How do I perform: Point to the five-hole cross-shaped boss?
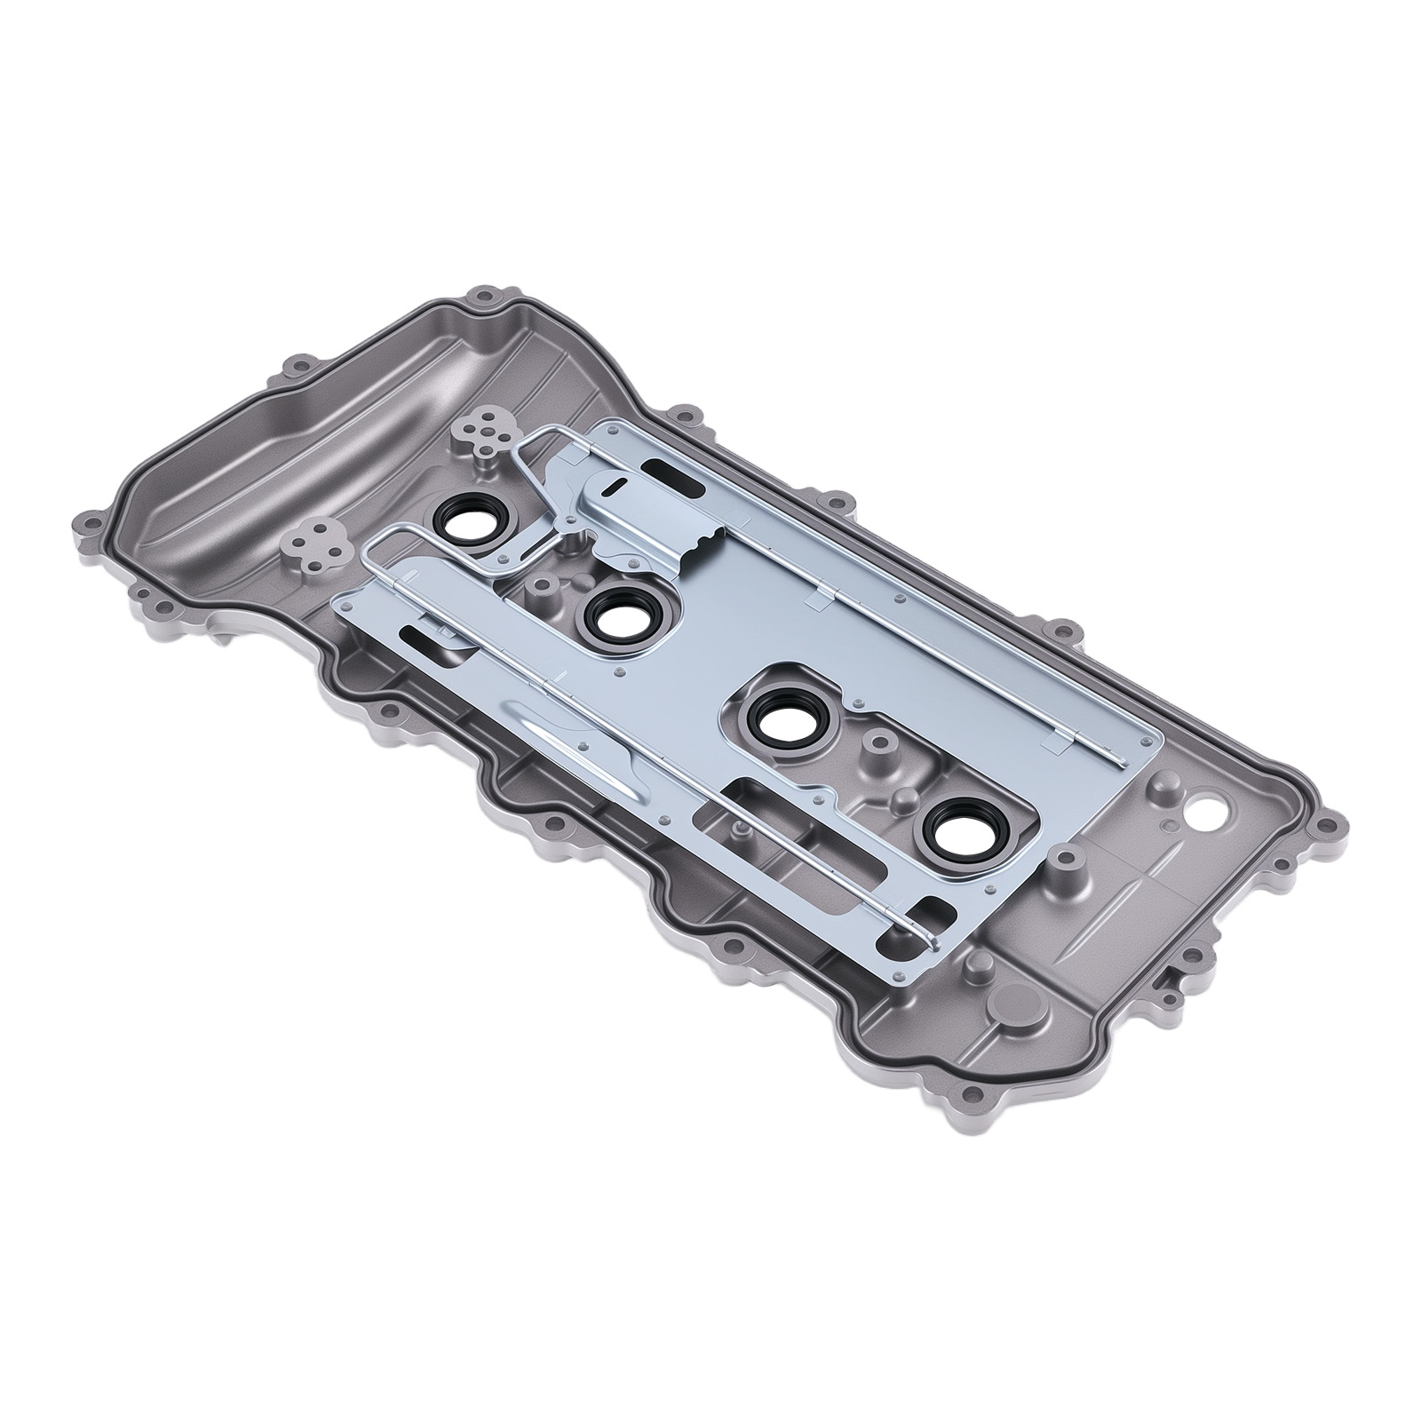[484, 430]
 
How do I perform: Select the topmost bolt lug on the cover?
[485, 292]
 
